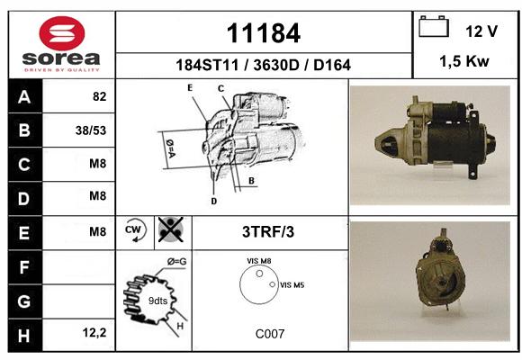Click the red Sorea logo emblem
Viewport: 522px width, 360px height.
(x=62, y=33)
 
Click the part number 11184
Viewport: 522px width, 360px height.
(x=264, y=33)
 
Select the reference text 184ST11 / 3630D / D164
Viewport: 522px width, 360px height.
(x=263, y=65)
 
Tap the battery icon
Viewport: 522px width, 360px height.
(x=434, y=26)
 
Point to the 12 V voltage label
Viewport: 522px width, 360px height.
(x=481, y=31)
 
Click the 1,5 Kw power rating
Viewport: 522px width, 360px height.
(x=464, y=61)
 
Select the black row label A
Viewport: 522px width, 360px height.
(x=25, y=96)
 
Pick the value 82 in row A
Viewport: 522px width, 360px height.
(x=100, y=96)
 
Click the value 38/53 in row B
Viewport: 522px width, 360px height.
(x=91, y=130)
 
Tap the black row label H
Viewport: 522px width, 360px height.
(x=25, y=335)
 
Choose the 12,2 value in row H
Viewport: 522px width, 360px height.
(x=94, y=333)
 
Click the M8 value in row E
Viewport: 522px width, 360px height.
(x=97, y=231)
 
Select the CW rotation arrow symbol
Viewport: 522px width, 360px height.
(x=135, y=230)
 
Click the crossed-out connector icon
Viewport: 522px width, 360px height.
(x=171, y=229)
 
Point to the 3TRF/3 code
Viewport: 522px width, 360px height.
(x=268, y=232)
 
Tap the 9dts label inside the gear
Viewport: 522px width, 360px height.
(x=157, y=301)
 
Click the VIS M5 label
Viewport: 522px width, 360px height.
(x=292, y=285)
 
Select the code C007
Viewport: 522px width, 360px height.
(x=270, y=334)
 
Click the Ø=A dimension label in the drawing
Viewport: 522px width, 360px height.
(x=170, y=148)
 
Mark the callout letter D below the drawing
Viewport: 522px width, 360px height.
(x=213, y=201)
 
